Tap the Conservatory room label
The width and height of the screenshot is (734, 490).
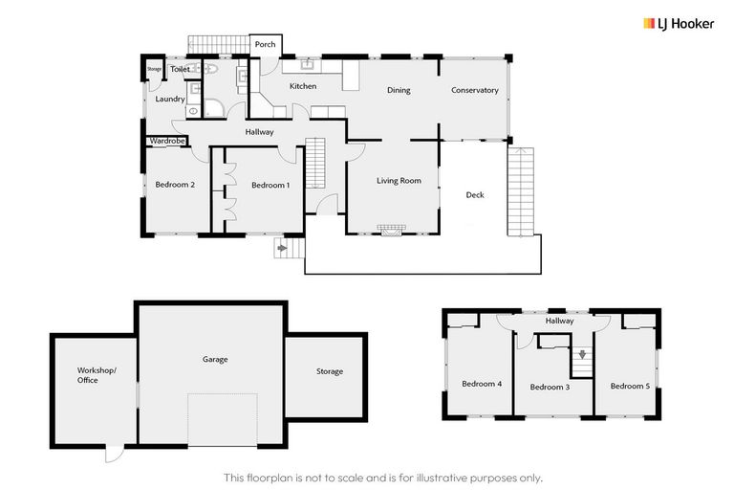tap(475, 91)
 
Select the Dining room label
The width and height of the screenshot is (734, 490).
tap(399, 91)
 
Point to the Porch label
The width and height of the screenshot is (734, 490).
tap(265, 44)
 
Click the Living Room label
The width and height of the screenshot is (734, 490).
tap(399, 180)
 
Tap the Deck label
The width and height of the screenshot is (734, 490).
tap(475, 195)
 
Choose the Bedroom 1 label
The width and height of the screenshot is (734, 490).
tap(270, 186)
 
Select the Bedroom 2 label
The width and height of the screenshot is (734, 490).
tap(175, 186)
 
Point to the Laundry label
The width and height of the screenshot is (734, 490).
tap(170, 99)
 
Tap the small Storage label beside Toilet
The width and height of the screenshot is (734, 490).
tap(154, 70)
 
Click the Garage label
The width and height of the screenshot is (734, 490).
tap(215, 360)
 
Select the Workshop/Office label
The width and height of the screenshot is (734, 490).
tap(95, 374)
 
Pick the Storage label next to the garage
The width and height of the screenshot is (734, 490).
tap(330, 371)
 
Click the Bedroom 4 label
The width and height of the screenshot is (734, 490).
tap(482, 384)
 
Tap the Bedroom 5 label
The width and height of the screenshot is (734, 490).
tap(629, 386)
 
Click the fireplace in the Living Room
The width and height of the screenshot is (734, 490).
tap(390, 230)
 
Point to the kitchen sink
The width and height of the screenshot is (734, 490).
tap(309, 66)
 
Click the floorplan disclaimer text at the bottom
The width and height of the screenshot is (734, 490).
tap(382, 477)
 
